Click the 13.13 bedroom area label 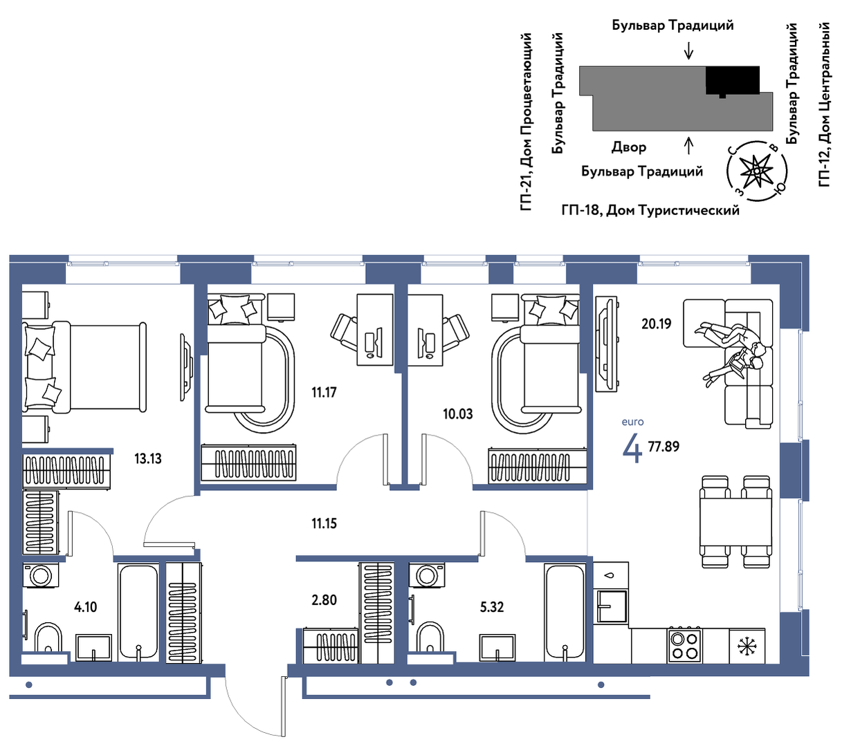148,458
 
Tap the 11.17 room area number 324,393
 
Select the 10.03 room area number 458,414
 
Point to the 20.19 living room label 656,324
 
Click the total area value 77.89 664,446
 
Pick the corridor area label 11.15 324,523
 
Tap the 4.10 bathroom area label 85,606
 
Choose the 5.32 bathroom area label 491,606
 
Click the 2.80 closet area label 324,600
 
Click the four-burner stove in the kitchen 684,646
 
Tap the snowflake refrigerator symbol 747,646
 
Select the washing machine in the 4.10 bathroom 40,575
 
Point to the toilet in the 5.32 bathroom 430,637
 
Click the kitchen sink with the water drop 611,595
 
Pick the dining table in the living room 735,521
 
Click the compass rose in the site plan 756,171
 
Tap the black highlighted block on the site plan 732,80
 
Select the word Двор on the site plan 628,147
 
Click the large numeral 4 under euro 632,448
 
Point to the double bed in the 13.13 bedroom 84,367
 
